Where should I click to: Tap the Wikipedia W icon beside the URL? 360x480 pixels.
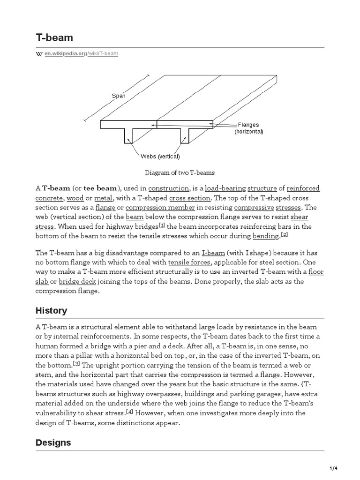pos(39,54)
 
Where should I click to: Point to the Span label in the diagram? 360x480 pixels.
pos(118,96)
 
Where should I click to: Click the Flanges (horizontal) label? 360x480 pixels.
pos(249,128)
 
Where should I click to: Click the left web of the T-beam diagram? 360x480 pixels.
pos(128,135)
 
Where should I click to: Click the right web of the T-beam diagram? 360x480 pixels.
pos(185,135)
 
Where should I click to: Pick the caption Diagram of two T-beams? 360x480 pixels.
pos(180,173)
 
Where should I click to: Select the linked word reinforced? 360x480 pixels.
pos(303,188)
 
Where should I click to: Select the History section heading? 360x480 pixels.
pos(51,311)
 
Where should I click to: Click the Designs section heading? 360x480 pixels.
pos(53,442)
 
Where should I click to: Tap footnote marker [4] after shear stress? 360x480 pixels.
pos(130,412)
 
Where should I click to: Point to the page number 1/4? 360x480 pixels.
pos(346,469)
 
